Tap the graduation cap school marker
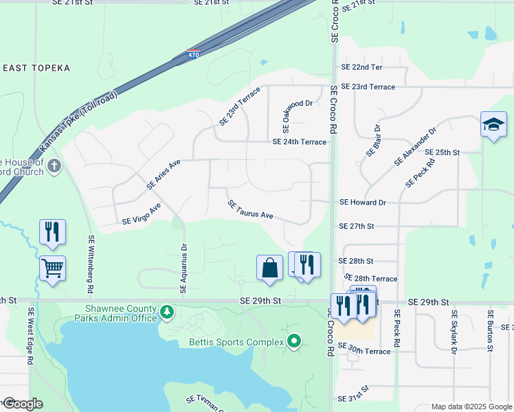pos(493,125)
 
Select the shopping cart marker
pos(53,268)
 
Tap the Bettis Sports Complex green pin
pos(295,341)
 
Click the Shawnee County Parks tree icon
pos(166,313)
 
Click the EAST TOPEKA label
pos(36,68)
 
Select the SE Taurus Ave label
pos(251,210)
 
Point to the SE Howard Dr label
pos(363,203)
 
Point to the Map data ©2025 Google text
pos(471,407)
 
